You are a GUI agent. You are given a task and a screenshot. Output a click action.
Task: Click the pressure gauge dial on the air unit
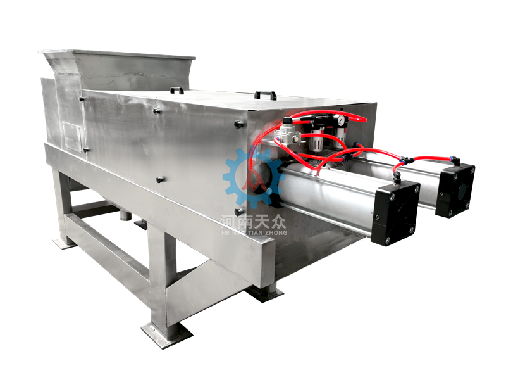pos(339,120)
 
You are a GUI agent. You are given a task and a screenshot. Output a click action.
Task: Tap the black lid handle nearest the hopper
pos(177,90)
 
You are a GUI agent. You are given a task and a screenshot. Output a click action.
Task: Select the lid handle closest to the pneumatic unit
pos(266,96)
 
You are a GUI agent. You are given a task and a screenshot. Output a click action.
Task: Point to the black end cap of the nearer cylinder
pos(395,213)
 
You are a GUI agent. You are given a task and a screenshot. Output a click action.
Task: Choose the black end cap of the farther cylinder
pos(455,190)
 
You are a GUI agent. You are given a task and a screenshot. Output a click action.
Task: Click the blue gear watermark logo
pos(254,178)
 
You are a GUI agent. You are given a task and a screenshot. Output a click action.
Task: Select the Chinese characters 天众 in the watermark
pos(270,221)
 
